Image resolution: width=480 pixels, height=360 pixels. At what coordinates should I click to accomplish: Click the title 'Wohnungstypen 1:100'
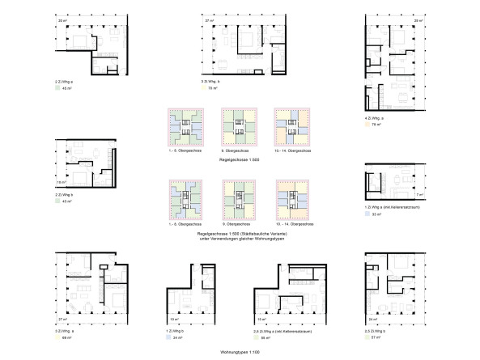(240, 353)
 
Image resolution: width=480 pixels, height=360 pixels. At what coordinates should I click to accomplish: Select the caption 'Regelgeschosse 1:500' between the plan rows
(240, 162)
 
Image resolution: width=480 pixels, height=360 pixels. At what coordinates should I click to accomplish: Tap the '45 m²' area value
(68, 89)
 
